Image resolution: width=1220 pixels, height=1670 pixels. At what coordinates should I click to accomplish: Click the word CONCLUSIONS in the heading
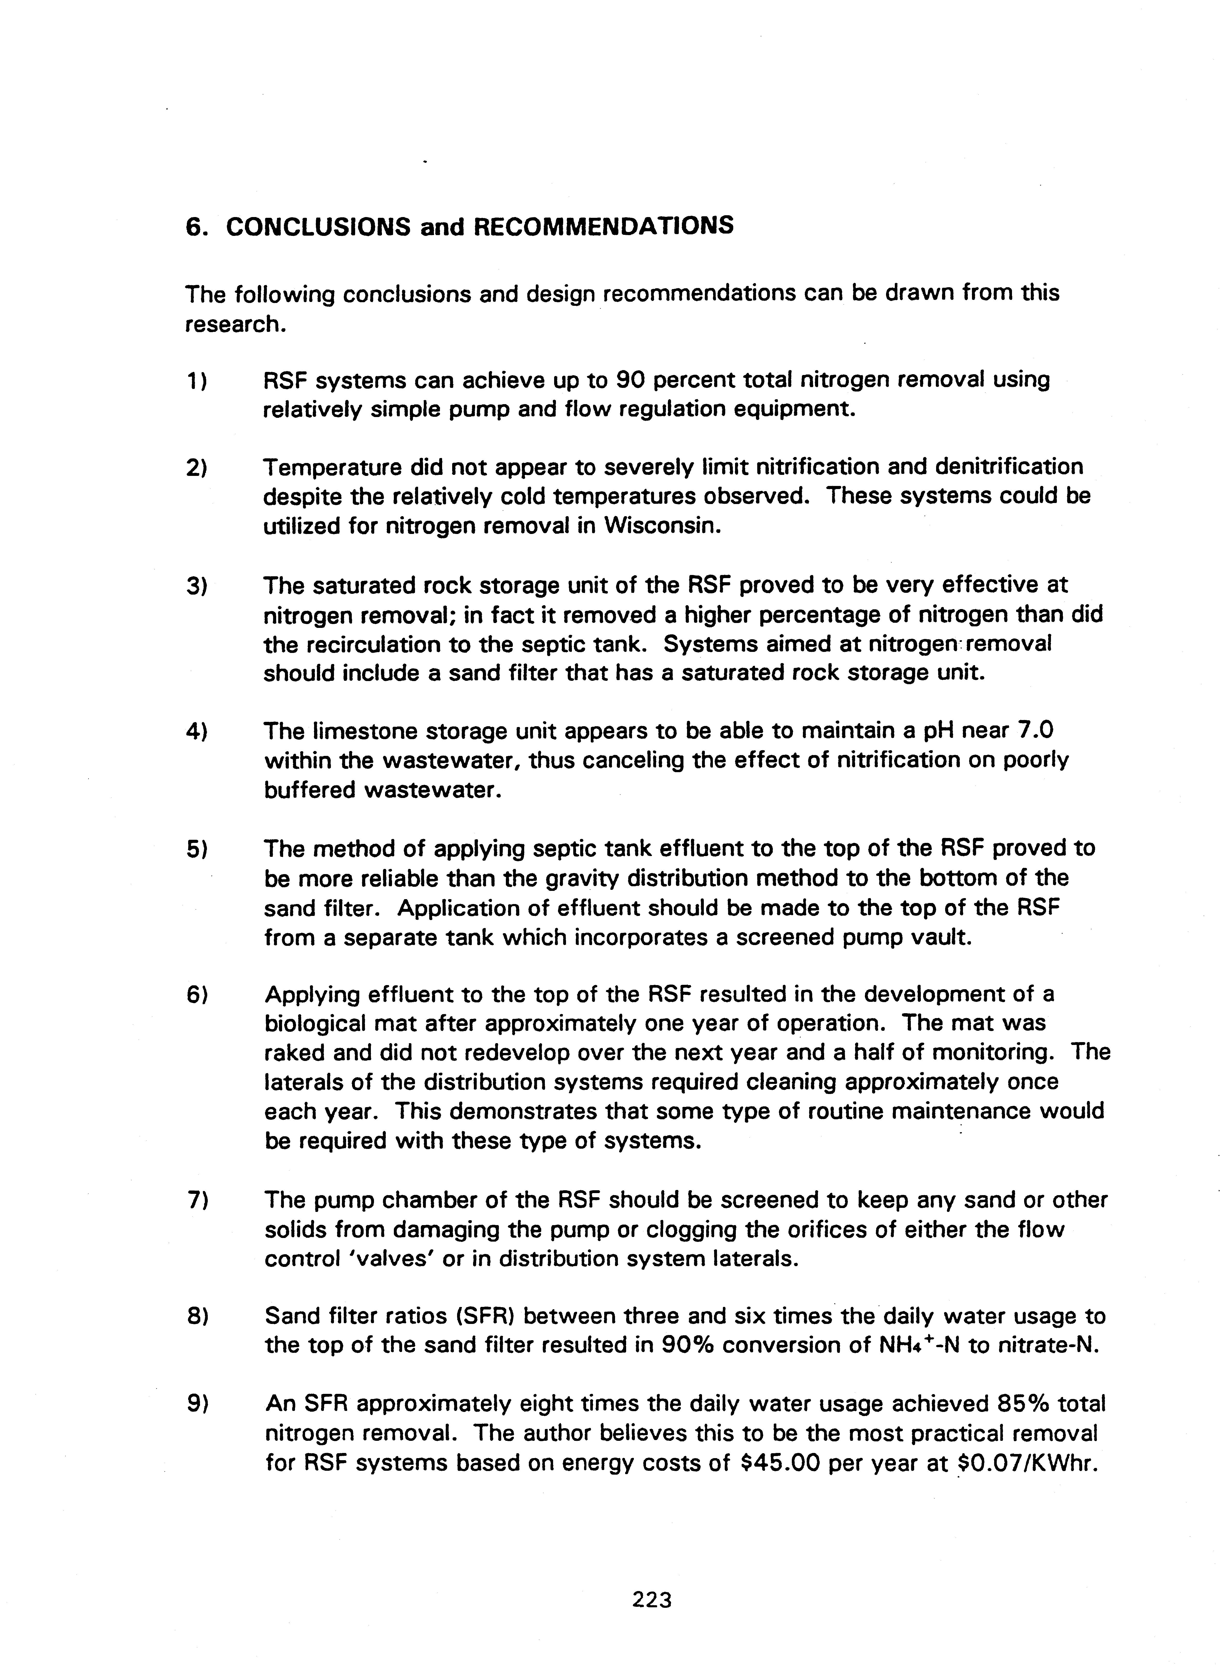tap(317, 227)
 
